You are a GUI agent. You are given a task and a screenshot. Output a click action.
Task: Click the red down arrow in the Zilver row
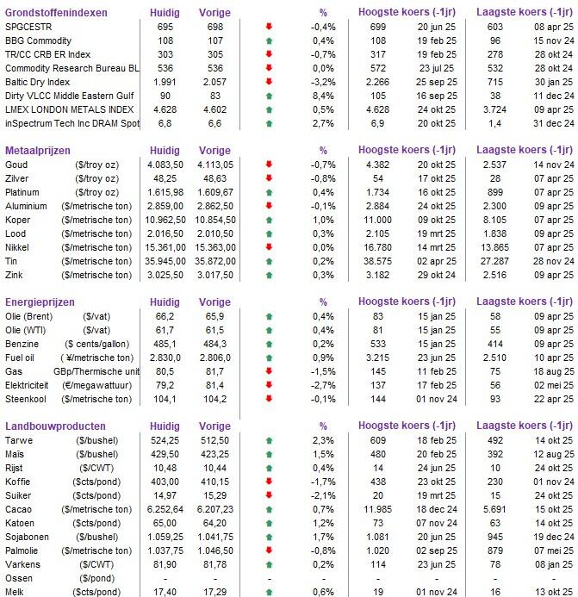[x=270, y=178]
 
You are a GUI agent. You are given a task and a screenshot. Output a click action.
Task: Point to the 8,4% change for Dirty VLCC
[x=323, y=96]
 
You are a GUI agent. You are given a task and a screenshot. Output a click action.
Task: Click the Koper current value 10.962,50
[x=164, y=220]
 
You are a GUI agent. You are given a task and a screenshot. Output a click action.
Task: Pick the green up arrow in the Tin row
[x=270, y=261]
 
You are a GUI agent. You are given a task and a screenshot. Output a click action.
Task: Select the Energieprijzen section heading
[x=40, y=302]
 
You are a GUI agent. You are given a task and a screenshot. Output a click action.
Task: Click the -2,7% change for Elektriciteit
[x=323, y=385]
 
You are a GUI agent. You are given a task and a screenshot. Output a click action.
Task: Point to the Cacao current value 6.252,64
[x=164, y=508]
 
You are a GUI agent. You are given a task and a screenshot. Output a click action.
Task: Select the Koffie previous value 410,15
[x=214, y=481]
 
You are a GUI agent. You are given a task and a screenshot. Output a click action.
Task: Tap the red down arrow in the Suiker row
[x=270, y=494]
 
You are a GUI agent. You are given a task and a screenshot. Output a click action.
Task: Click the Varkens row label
[x=23, y=563]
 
